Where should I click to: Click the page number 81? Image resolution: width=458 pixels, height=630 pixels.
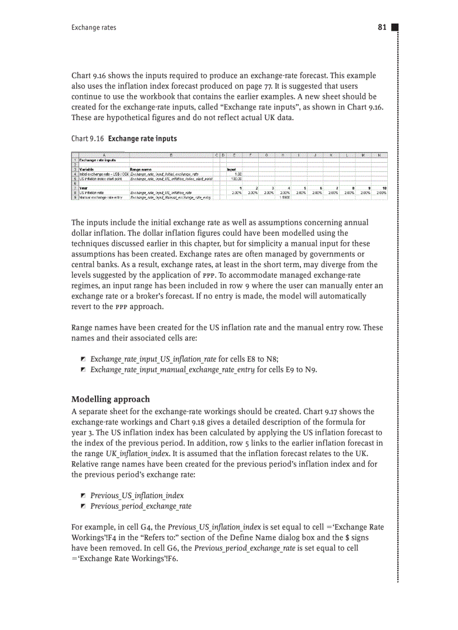point(382,27)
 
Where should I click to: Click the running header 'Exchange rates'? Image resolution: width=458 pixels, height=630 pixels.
point(94,27)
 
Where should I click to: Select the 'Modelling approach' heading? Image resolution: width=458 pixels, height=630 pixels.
point(111,399)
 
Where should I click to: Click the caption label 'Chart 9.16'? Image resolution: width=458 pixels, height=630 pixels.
point(88,139)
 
